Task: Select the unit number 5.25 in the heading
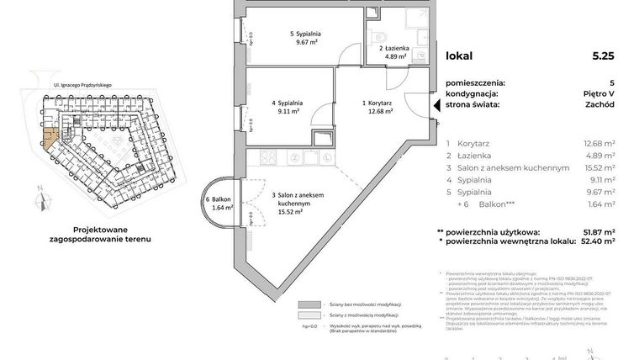[x=603, y=56]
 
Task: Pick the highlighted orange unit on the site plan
[x=51, y=140]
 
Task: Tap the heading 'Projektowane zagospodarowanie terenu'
[x=106, y=233]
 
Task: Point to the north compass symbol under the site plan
[x=40, y=200]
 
